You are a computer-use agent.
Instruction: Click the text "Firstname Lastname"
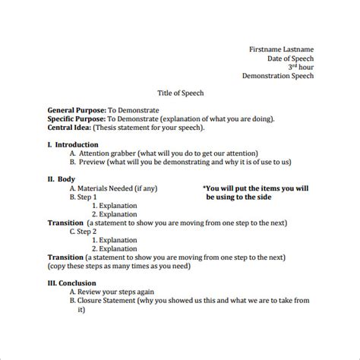[x=281, y=49]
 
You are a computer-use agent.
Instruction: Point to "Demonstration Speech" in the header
[x=277, y=76]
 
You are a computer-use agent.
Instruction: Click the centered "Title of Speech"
[x=180, y=93]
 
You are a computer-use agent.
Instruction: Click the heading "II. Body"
[x=61, y=179]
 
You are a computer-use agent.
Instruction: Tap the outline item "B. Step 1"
[x=84, y=197]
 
